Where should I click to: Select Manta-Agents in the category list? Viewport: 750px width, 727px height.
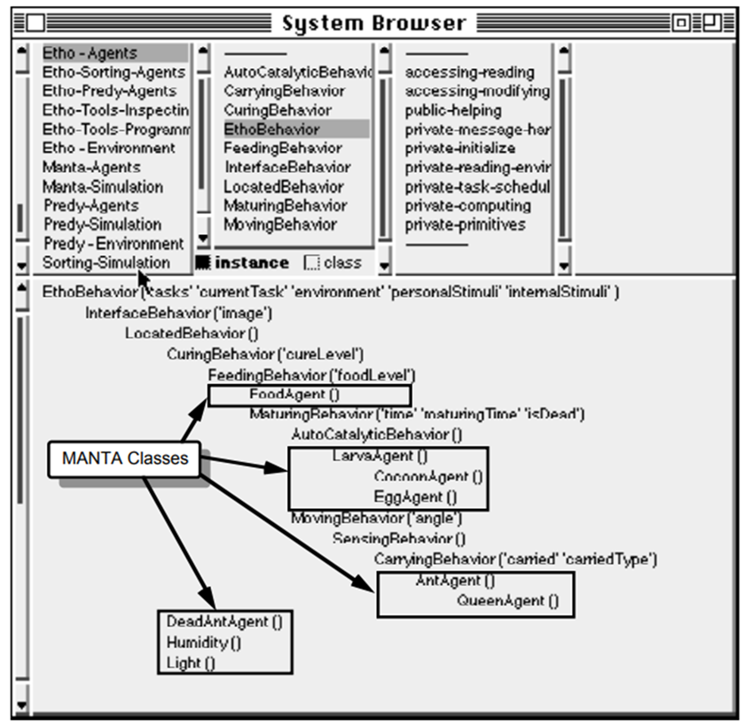91,167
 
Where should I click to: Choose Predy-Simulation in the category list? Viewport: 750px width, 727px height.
102,224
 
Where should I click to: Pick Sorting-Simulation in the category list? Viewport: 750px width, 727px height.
105,262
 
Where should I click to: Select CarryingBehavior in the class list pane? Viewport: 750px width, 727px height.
285,91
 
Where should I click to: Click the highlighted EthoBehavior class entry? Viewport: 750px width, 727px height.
271,129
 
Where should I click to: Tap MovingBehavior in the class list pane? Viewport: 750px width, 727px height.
280,224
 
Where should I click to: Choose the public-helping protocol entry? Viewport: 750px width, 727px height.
453,111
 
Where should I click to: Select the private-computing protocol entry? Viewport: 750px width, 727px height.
462,206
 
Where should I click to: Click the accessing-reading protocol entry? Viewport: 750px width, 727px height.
470,73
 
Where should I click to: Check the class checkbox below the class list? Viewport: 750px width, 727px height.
312,262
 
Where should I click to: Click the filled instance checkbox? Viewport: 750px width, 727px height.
203,262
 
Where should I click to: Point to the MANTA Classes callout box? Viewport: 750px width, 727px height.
125,458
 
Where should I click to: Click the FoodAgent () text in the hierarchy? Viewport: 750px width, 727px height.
294,395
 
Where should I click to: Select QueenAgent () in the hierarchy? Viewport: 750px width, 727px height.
508,601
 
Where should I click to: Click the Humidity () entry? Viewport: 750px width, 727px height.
203,643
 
